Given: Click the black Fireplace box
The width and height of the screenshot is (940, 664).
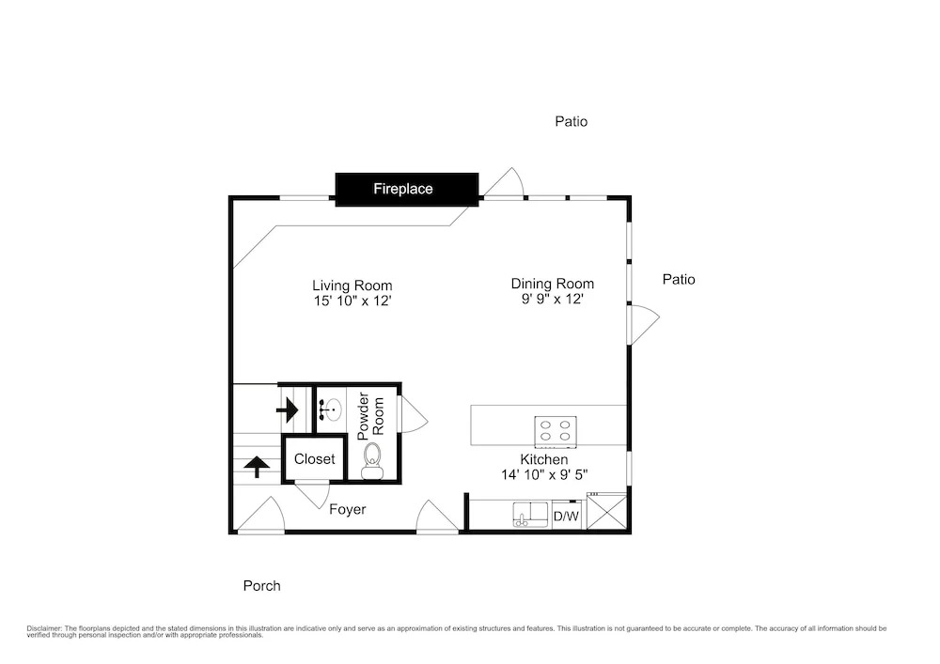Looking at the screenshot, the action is (406, 189).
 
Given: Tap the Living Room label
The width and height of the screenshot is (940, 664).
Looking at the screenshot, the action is (352, 293).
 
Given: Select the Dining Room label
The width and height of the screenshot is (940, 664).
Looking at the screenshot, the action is (552, 291).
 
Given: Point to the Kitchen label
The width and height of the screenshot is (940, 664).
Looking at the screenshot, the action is (543, 467).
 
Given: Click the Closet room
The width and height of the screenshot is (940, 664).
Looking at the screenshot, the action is (314, 459).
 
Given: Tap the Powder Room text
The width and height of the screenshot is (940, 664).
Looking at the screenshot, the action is (370, 416).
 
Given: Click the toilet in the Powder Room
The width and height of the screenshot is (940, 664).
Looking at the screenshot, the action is (372, 461).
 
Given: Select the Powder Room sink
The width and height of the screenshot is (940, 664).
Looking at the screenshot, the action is (330, 410).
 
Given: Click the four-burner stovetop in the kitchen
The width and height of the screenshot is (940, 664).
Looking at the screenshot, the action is (556, 432).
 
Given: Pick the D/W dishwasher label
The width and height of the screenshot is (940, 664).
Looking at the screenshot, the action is (566, 516).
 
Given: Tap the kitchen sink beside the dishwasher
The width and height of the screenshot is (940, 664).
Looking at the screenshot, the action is (530, 515).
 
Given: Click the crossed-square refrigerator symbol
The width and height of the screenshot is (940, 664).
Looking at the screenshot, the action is (606, 512).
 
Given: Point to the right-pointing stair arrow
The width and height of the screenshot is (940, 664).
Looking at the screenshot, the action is (287, 410).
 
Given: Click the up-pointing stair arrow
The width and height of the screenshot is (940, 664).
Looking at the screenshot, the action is (256, 467).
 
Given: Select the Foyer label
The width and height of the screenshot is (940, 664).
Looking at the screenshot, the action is (348, 510).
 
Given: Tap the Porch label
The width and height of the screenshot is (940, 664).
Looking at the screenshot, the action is (262, 585).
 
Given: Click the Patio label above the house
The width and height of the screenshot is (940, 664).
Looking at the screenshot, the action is (572, 121).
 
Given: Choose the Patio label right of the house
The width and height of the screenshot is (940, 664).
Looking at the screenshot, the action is (679, 279).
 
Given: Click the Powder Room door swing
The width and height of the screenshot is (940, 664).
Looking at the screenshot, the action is (415, 414).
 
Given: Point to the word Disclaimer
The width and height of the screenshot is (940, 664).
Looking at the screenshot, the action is (44, 628).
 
